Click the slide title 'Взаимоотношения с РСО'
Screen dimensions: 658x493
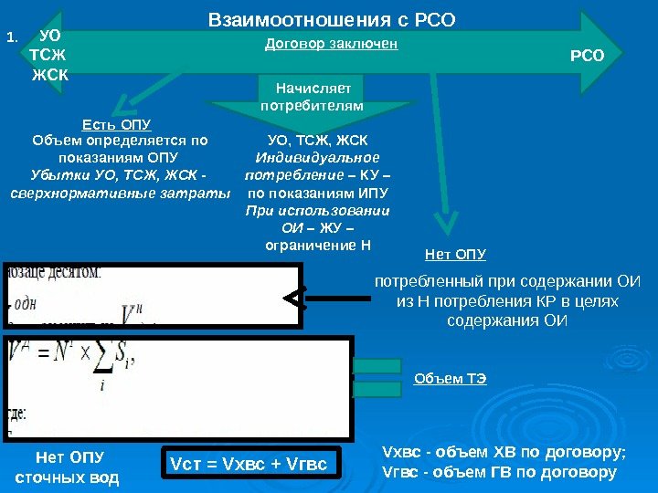[331, 19]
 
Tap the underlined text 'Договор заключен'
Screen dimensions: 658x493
[331, 44]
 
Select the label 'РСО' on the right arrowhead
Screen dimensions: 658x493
[587, 56]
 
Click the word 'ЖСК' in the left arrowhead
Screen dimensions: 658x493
[49, 73]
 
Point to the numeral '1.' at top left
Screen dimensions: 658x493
[12, 37]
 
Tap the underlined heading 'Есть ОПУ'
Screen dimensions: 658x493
[116, 124]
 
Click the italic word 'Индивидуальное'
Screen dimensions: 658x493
[316, 159]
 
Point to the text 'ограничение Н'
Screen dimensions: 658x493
[317, 246]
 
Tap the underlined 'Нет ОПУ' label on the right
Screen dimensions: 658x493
[455, 254]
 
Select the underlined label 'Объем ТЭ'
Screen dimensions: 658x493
[451, 379]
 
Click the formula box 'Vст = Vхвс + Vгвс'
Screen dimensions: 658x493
[249, 467]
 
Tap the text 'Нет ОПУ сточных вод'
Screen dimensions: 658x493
[68, 467]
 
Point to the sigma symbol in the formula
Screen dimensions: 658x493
[102, 360]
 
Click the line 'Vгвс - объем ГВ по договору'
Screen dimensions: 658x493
[498, 472]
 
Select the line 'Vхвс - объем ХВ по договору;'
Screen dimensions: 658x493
[504, 452]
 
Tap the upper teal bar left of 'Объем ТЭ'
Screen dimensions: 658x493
[377, 366]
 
